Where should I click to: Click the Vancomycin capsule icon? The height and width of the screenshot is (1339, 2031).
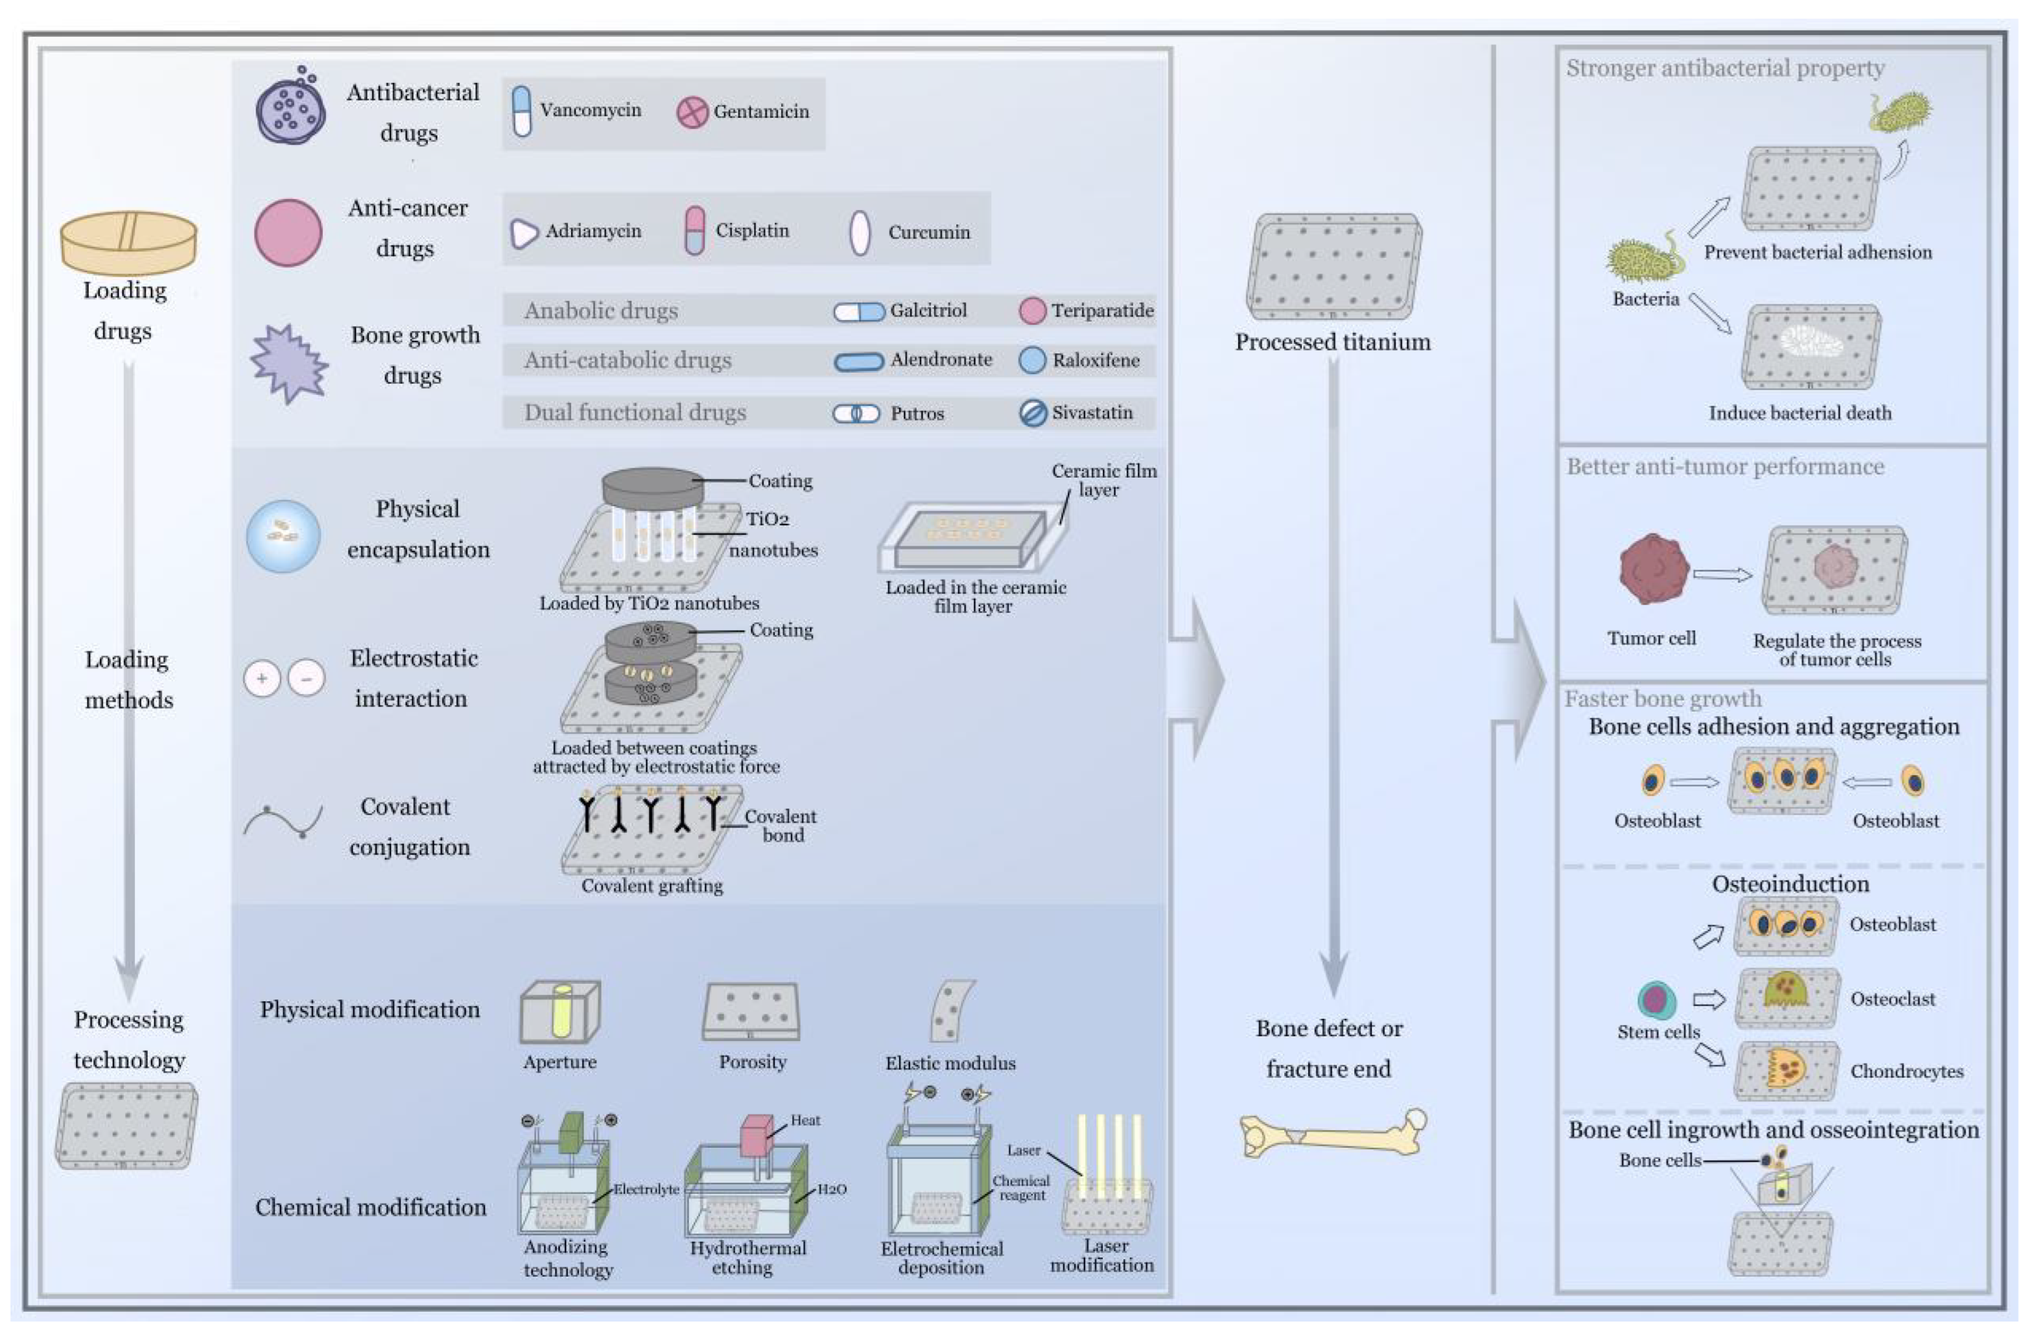tap(521, 111)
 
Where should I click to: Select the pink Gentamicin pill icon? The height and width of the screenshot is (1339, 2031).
tap(692, 112)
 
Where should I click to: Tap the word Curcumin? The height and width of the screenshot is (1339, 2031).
tap(928, 232)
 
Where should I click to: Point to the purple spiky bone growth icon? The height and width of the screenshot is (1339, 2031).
tap(288, 363)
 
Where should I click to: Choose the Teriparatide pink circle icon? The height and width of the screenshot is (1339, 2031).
tap(1032, 311)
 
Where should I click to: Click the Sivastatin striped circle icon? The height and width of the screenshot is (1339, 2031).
tap(1033, 413)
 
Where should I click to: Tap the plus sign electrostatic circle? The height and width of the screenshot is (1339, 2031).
tap(262, 679)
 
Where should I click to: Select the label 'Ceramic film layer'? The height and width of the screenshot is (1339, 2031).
tap(1103, 480)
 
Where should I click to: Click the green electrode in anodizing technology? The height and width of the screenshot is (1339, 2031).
tap(570, 1133)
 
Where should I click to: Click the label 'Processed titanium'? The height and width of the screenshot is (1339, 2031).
tap(1332, 342)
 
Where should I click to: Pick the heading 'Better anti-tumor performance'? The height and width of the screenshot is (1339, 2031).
tap(1724, 467)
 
